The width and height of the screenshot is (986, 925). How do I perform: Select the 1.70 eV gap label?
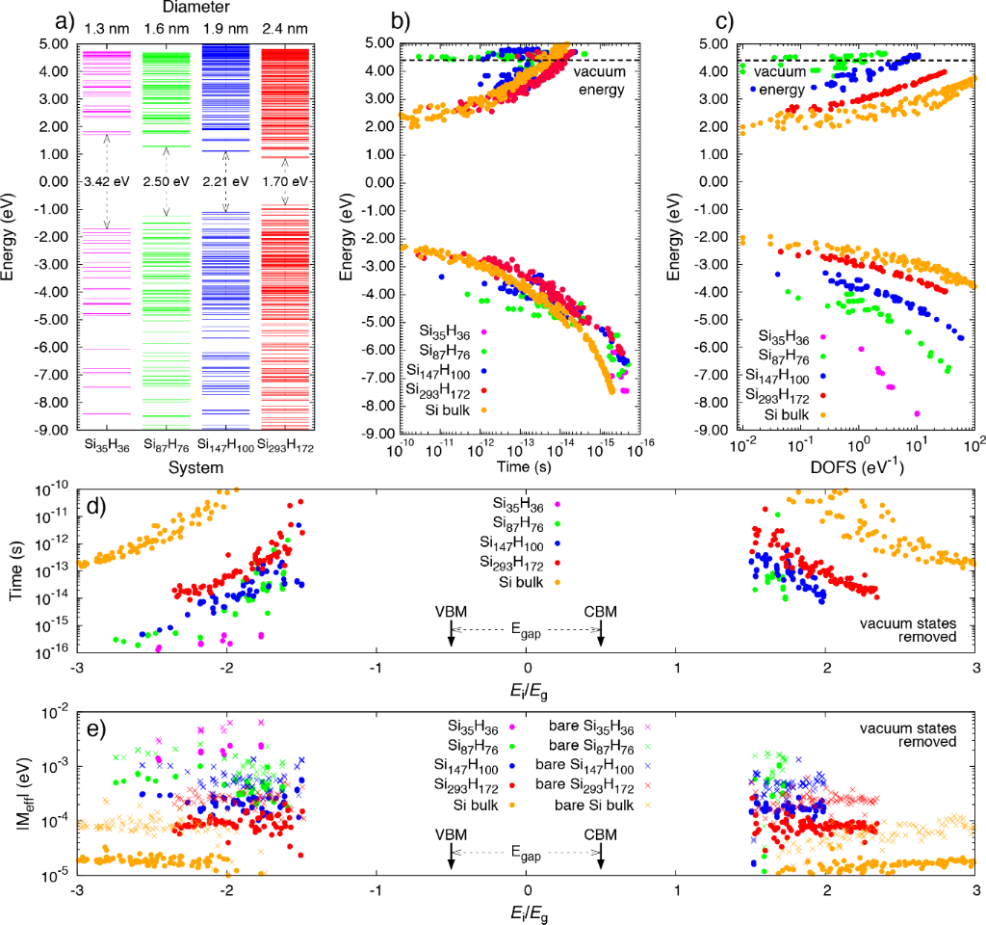click(287, 181)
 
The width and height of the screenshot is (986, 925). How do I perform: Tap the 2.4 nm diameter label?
click(286, 28)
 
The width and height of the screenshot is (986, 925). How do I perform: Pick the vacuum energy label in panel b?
click(599, 80)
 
